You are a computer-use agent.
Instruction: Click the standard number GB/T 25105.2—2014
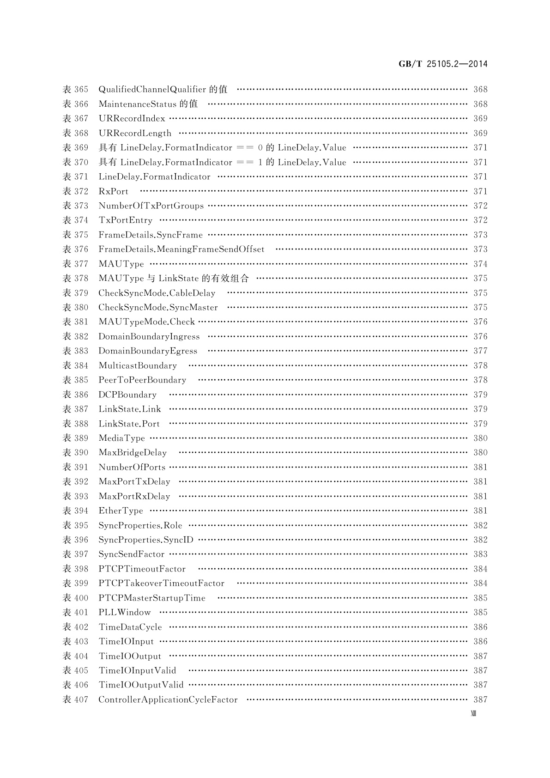443,64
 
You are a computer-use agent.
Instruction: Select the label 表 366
75,104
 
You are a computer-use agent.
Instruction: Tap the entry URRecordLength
135,133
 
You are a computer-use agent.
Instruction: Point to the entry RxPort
113,191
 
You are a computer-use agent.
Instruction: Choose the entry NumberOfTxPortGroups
151,206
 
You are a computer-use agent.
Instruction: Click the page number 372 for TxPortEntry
480,220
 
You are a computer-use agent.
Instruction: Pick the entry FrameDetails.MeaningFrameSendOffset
181,249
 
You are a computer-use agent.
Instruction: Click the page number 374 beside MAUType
480,264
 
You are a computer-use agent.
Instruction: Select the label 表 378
75,278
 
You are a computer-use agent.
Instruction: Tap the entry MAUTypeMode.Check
147,322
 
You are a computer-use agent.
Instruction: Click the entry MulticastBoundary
138,365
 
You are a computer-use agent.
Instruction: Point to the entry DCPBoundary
127,395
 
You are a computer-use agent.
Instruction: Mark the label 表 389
75,438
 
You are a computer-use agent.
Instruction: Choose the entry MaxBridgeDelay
133,453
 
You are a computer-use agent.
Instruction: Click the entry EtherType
121,511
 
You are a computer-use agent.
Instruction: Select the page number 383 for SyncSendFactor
480,554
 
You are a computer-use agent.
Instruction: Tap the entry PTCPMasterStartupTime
152,598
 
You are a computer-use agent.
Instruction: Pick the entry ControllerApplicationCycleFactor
168,699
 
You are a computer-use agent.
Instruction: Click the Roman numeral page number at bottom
473,713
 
